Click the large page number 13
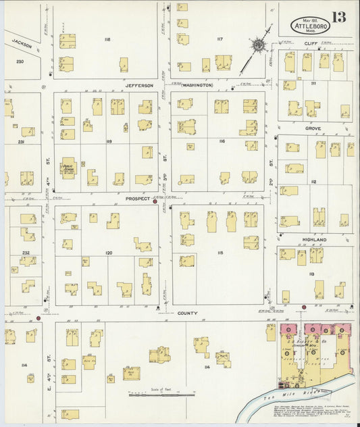click(x=339, y=17)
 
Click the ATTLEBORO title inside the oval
click(x=310, y=26)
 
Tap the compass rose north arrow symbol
click(x=257, y=47)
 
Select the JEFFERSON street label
click(x=139, y=86)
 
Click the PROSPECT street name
click(x=137, y=200)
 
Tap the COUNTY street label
click(x=187, y=313)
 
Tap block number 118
click(x=107, y=40)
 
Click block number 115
click(x=220, y=253)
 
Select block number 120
click(x=108, y=253)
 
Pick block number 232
click(x=26, y=253)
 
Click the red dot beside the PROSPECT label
click(x=155, y=201)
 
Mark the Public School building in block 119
click(x=69, y=166)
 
